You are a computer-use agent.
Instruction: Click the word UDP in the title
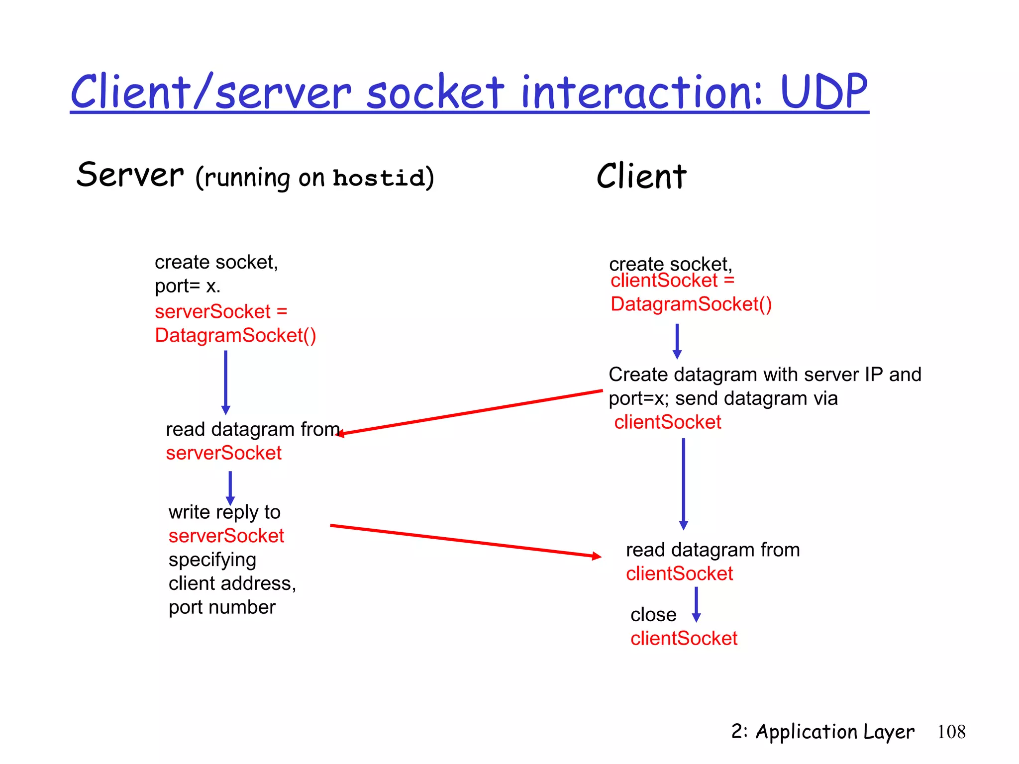point(824,92)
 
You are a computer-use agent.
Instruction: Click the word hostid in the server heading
point(379,178)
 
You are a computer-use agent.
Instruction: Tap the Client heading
point(641,177)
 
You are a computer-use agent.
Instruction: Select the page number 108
point(951,732)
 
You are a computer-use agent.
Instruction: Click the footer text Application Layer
point(834,732)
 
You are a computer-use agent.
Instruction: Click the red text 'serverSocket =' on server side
point(221,312)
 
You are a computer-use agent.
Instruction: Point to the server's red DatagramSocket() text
point(235,336)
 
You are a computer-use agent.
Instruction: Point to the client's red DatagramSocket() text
point(691,304)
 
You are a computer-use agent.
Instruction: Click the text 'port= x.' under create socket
point(188,286)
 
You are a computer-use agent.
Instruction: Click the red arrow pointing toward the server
point(470,412)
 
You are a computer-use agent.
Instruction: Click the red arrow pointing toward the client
point(465,541)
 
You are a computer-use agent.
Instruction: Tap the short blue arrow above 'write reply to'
point(230,487)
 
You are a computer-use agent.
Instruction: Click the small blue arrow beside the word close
point(696,604)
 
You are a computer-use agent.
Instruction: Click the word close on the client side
point(653,615)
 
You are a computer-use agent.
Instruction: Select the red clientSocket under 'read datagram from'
point(679,574)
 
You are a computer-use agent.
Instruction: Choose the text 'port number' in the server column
point(222,607)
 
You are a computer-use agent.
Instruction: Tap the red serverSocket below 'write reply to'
point(226,536)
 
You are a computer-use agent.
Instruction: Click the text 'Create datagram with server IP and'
point(764,375)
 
